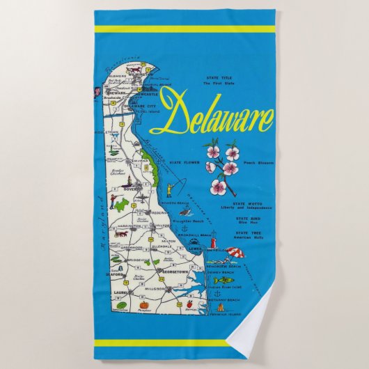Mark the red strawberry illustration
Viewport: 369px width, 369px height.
click(189, 304)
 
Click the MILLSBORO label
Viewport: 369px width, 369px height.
click(184, 286)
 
